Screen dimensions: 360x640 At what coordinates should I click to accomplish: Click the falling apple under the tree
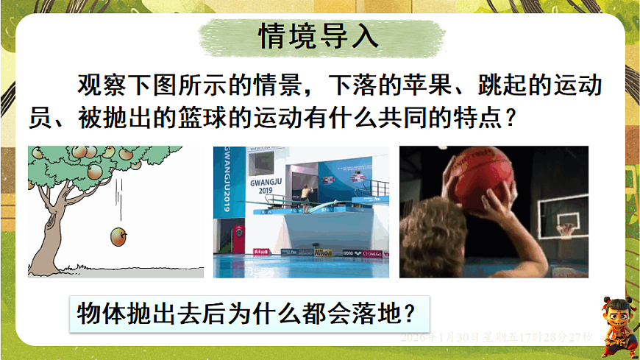click(x=118, y=237)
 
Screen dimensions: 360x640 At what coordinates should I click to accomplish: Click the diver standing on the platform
click(x=305, y=194)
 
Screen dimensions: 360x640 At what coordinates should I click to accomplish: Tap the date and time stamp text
click(x=497, y=336)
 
